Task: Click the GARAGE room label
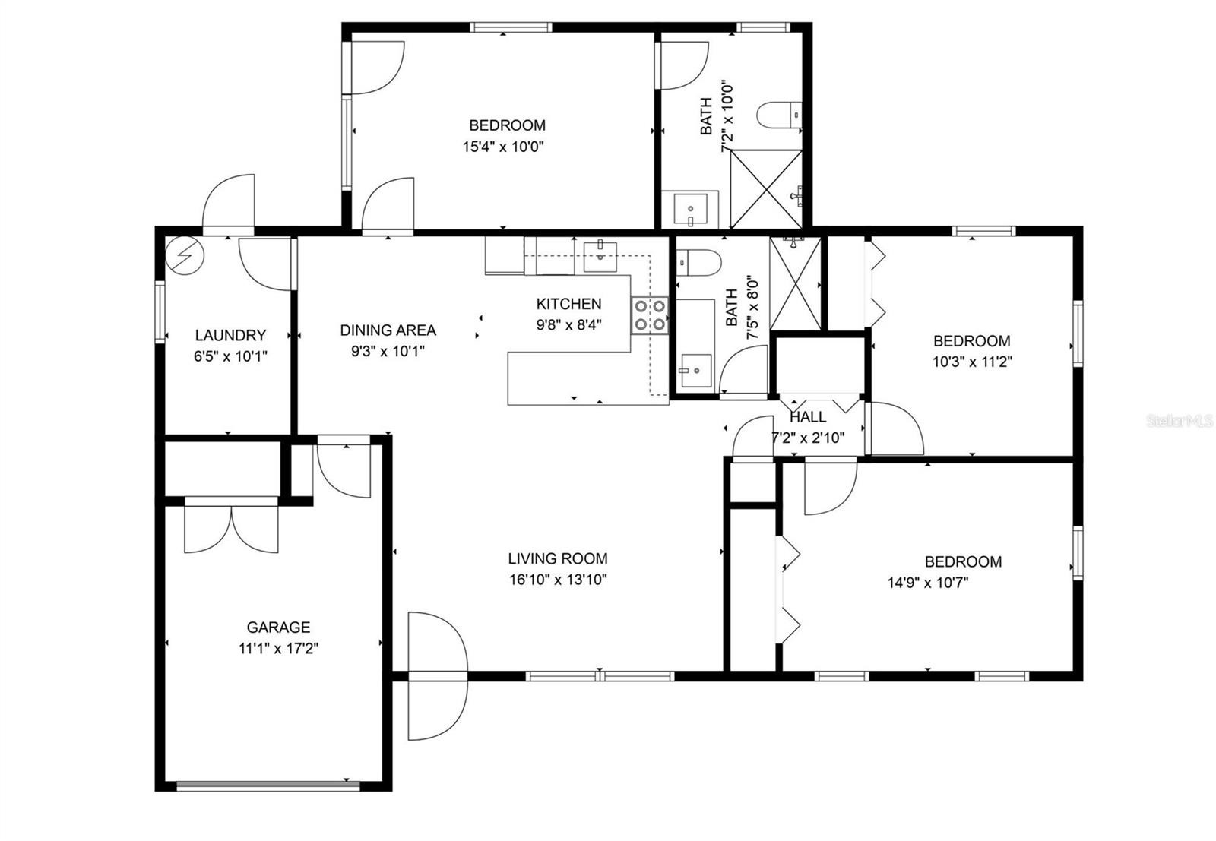pyautogui.click(x=278, y=628)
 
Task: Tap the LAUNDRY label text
pyautogui.click(x=231, y=335)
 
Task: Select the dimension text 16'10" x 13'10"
pyautogui.click(x=558, y=580)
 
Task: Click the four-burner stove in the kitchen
pyautogui.click(x=650, y=315)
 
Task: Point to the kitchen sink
pyautogui.click(x=600, y=256)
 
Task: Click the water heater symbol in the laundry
pyautogui.click(x=185, y=255)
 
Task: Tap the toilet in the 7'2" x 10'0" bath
pyautogui.click(x=779, y=115)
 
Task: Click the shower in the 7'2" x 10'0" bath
pyautogui.click(x=766, y=189)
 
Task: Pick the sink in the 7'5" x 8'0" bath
pyautogui.click(x=696, y=371)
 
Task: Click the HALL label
pyautogui.click(x=809, y=417)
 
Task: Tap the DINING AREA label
pyautogui.click(x=388, y=330)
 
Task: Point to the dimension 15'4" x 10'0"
pyautogui.click(x=503, y=147)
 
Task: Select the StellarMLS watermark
pyautogui.click(x=1179, y=421)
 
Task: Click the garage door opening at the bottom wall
pyautogui.click(x=268, y=785)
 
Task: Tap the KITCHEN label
pyautogui.click(x=569, y=304)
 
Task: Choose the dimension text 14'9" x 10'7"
pyautogui.click(x=928, y=583)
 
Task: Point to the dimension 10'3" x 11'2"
pyautogui.click(x=972, y=362)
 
